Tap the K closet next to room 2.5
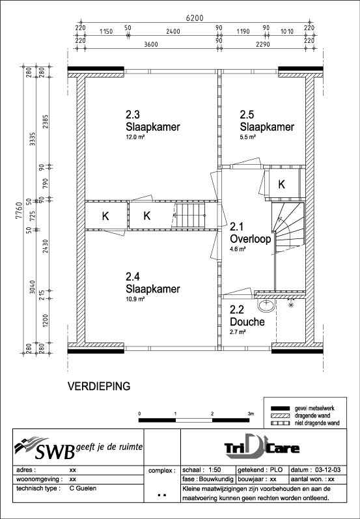281,184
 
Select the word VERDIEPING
99,386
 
